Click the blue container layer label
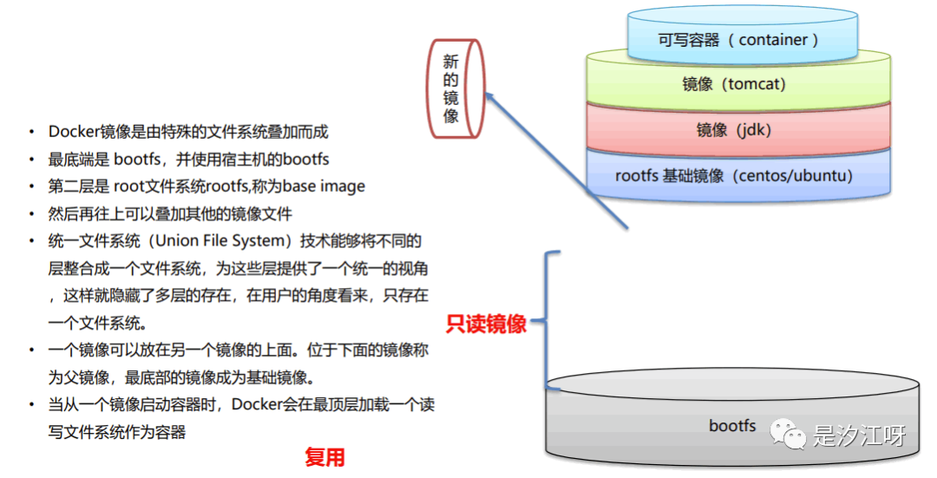click(738, 40)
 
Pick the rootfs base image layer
click(734, 176)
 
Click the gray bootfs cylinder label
click(732, 425)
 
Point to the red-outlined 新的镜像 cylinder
click(454, 88)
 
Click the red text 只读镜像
click(486, 324)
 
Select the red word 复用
click(324, 457)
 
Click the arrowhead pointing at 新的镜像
click(491, 102)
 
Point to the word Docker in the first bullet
click(74, 132)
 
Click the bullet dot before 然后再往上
click(31, 213)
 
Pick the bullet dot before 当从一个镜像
click(31, 405)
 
